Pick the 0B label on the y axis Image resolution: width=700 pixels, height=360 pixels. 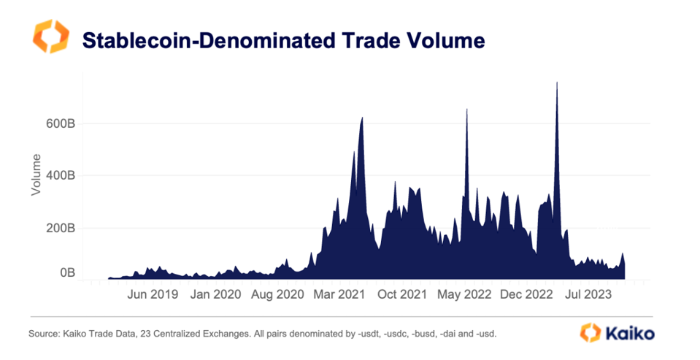coord(66,273)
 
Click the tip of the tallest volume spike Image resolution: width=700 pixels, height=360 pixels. coord(557,83)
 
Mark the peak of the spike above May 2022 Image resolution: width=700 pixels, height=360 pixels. coord(466,110)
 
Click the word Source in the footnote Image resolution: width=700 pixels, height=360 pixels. coord(45,334)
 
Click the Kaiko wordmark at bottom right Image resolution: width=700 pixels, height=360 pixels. coord(629,334)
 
